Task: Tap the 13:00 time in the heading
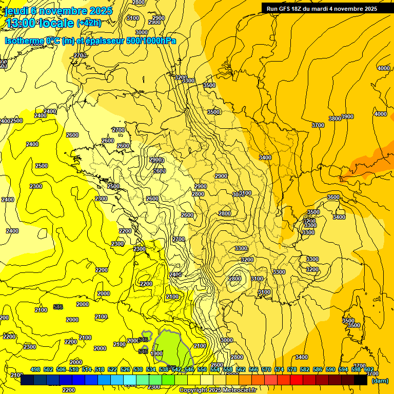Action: [20, 23]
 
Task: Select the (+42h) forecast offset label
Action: [89, 23]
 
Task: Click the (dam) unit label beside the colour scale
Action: [380, 381]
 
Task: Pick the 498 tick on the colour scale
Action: [35, 369]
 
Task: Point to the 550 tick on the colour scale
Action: [202, 369]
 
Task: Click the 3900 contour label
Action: [347, 116]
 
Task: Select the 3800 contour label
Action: [334, 119]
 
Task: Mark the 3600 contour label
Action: [333, 197]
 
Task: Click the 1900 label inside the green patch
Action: [156, 353]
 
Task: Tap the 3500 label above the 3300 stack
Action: [313, 212]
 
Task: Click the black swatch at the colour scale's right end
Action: [361, 380]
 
